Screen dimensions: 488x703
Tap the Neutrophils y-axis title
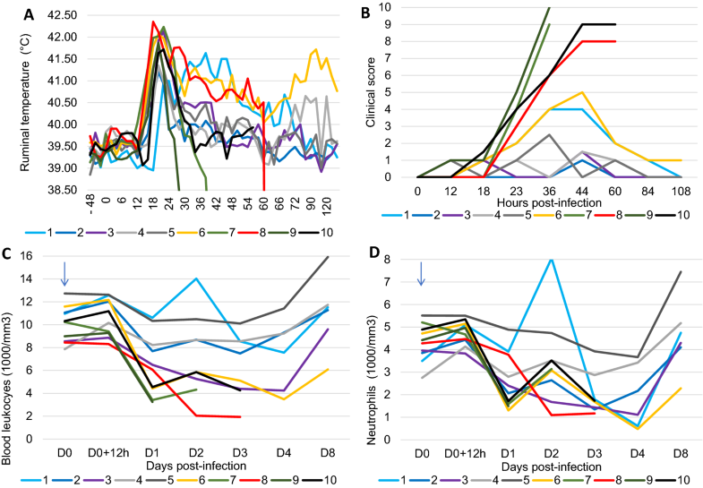[375, 350]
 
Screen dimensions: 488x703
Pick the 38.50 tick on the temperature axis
[63, 190]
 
